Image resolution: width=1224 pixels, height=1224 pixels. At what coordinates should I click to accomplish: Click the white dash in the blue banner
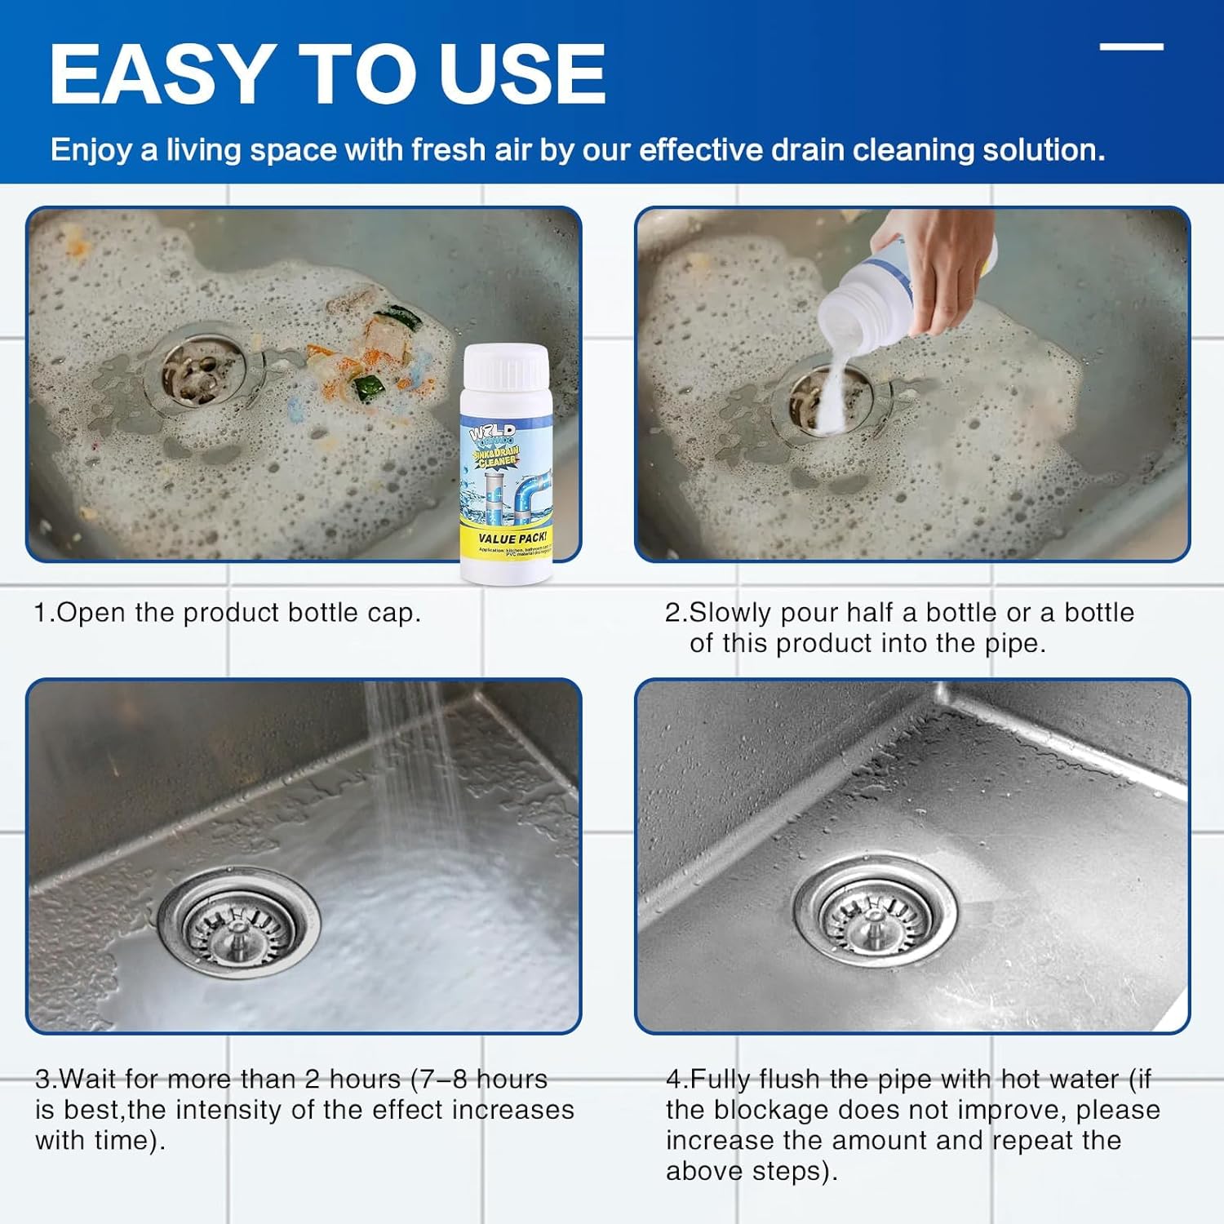point(1131,47)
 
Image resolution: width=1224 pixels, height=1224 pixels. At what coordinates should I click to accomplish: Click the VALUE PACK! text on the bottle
point(512,539)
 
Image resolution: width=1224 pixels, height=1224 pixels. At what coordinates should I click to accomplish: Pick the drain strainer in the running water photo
point(237,922)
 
